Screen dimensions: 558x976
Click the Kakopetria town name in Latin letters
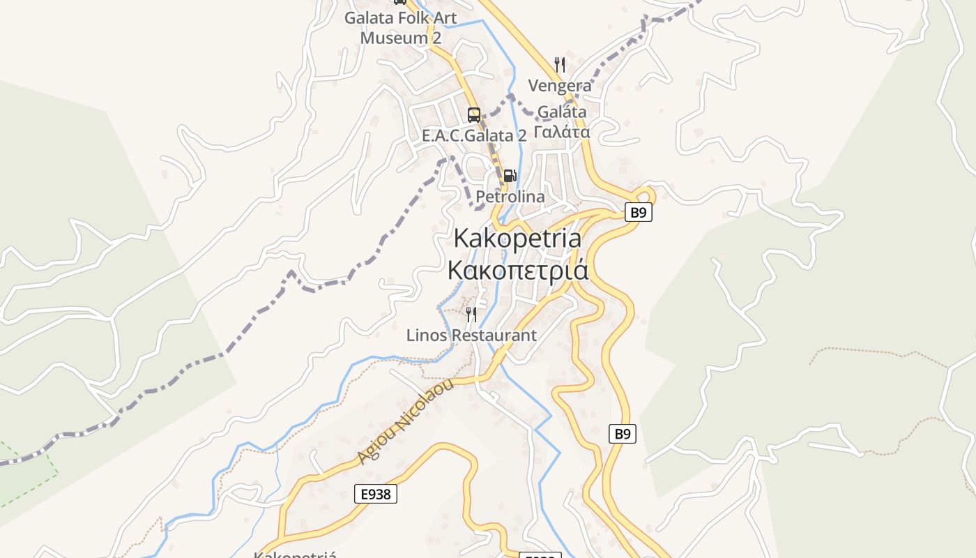click(517, 238)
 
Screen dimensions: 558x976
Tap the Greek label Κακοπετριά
click(517, 270)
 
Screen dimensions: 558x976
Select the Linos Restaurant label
click(471, 335)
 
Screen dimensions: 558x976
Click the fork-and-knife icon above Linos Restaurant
click(471, 315)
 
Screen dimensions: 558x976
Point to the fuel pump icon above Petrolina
click(510, 176)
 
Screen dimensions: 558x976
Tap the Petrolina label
click(510, 197)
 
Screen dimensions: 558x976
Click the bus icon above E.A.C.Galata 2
click(474, 114)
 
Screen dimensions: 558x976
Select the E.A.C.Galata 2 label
click(474, 136)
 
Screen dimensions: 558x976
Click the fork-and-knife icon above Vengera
click(560, 65)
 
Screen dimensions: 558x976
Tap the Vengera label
click(560, 86)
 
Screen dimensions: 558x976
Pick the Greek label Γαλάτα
click(562, 132)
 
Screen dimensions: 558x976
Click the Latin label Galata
click(562, 112)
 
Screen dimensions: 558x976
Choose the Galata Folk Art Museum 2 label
click(400, 27)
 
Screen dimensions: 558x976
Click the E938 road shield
click(376, 494)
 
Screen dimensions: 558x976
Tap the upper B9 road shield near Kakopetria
click(638, 212)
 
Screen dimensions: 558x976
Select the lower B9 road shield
click(623, 434)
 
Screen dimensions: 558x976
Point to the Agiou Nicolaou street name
click(405, 422)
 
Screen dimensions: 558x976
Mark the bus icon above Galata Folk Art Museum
click(400, 2)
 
